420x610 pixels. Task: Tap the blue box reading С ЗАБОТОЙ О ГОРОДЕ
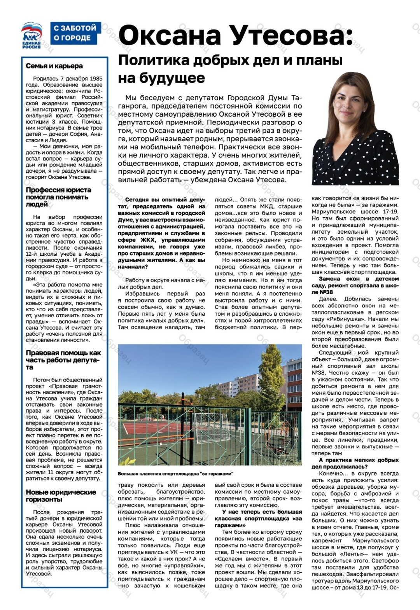click(75, 33)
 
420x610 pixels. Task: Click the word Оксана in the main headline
click(170, 36)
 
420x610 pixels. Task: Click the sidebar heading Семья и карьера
click(54, 66)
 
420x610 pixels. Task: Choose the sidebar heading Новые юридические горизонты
click(61, 496)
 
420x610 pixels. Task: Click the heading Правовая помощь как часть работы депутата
click(63, 360)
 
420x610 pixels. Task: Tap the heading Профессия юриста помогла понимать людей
click(58, 197)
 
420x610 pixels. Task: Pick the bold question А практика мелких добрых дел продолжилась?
click(355, 463)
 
